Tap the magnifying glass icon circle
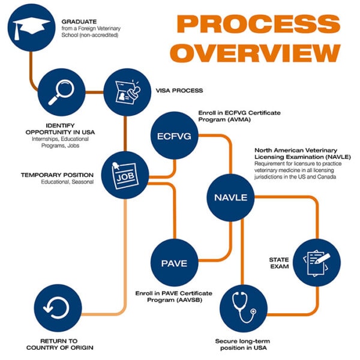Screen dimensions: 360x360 click(x=59, y=91)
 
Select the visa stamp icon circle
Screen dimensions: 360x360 click(x=125, y=92)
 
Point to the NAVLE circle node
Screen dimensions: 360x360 click(x=231, y=197)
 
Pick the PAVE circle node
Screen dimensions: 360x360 click(x=174, y=263)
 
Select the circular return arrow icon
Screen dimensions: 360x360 click(x=56, y=308)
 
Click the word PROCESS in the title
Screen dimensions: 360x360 click(x=259, y=24)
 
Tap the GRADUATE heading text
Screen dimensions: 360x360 click(x=79, y=22)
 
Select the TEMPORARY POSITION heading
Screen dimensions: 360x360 click(x=57, y=175)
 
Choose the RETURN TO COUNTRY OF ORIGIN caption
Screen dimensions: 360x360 click(x=56, y=344)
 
